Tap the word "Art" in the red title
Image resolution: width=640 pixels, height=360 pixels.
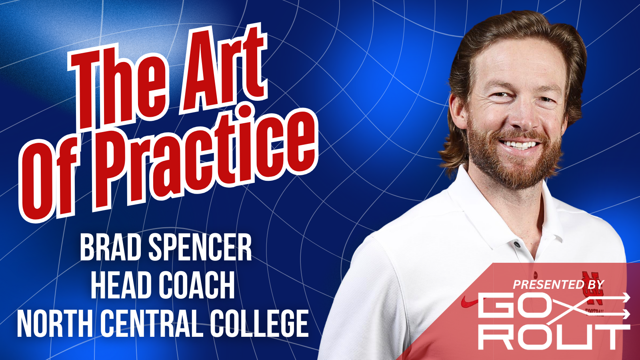click(x=222, y=68)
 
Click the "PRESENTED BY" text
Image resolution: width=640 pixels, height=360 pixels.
click(x=558, y=284)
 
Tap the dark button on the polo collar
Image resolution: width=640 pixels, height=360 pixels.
click(x=516, y=245)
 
